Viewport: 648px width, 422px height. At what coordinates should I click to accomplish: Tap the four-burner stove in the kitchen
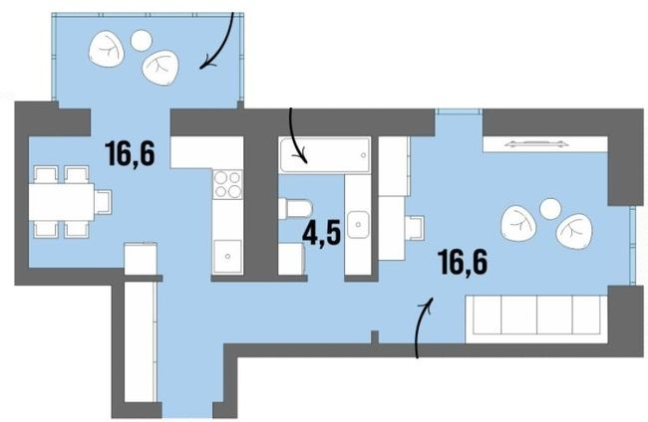[228, 185]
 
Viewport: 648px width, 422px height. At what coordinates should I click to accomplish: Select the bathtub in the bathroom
[325, 154]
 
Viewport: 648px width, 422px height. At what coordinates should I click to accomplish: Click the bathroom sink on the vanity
[360, 225]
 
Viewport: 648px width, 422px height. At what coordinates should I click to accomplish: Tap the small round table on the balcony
[140, 41]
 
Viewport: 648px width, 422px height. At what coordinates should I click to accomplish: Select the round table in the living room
[549, 209]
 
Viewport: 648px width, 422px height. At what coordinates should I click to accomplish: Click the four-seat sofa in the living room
[536, 316]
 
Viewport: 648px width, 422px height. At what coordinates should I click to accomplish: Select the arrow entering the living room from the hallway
[423, 324]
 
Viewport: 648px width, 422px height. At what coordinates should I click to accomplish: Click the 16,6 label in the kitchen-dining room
[132, 154]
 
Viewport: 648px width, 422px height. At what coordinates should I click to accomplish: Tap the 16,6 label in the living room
[466, 263]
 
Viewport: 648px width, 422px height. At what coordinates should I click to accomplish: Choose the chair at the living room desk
[415, 228]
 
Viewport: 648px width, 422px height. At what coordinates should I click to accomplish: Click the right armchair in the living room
[573, 233]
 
